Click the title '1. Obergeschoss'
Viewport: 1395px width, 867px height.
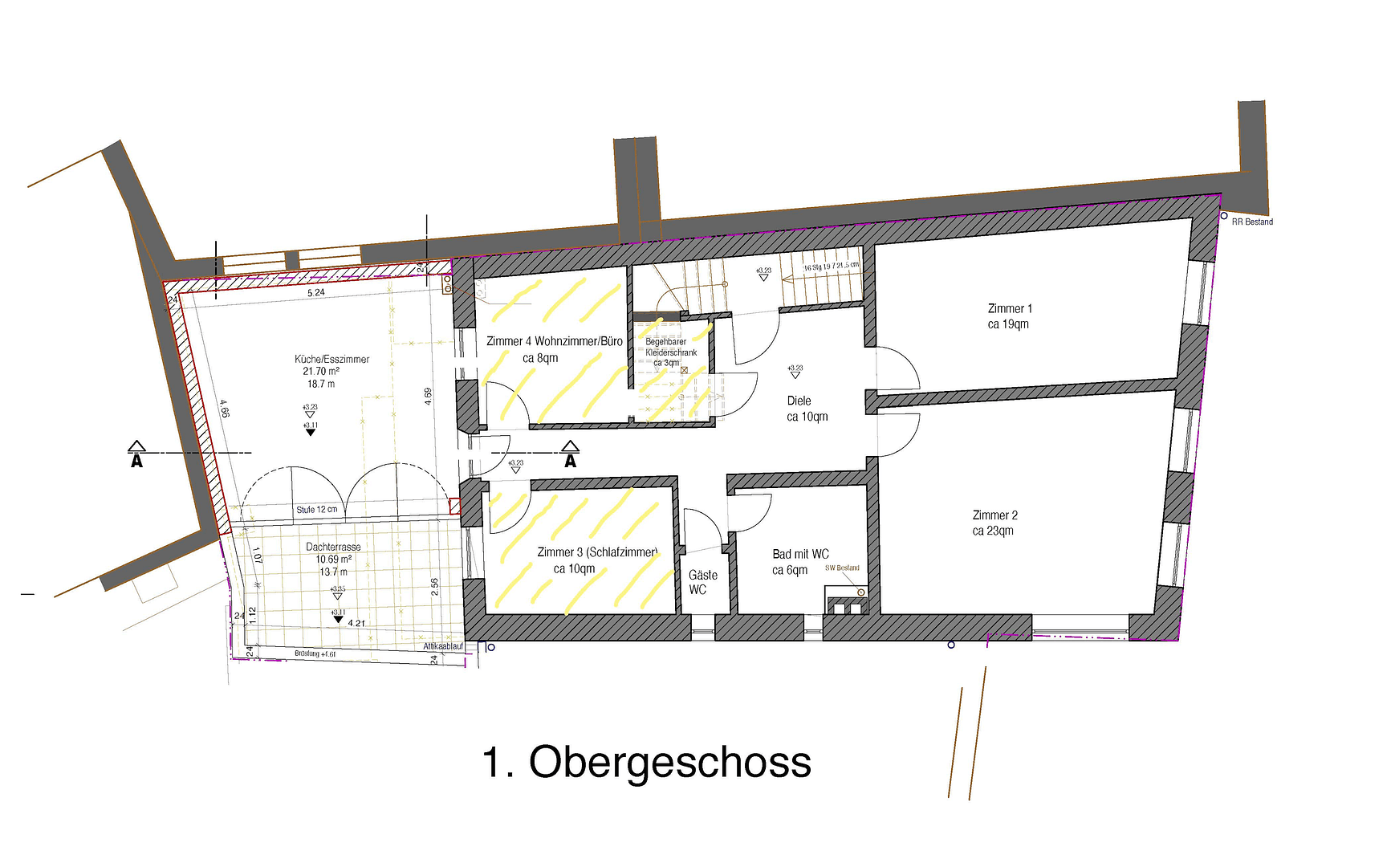[646, 762]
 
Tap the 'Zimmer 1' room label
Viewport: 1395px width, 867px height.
[1010, 309]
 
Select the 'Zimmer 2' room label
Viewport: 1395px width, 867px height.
[994, 515]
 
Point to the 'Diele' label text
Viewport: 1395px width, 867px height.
[799, 401]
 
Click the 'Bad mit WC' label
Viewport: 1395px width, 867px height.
[800, 554]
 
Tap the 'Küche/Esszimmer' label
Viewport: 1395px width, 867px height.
[331, 359]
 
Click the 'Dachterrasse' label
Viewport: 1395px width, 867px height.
[333, 547]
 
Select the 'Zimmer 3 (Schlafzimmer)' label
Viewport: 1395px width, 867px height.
[597, 552]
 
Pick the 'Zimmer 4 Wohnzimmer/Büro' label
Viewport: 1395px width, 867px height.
[554, 341]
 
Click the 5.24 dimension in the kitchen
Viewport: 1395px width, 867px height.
[316, 293]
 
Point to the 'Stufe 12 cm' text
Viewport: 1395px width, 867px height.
[316, 510]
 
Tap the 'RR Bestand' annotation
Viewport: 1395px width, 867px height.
[1252, 222]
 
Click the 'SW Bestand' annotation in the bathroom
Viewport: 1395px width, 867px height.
[842, 568]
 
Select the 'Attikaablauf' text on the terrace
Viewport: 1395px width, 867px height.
[443, 646]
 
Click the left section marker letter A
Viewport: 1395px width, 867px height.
[136, 462]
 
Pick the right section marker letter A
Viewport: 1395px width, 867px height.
[570, 462]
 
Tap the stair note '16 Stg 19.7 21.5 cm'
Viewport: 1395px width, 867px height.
[831, 267]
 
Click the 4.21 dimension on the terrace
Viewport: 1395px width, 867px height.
[356, 623]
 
